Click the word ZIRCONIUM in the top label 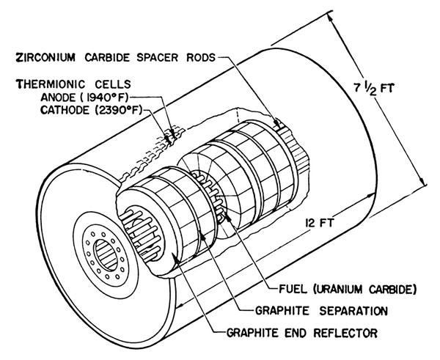click(45, 57)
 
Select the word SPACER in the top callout click(158, 57)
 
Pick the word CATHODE click(65, 110)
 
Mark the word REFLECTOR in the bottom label click(345, 333)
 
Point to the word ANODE click(58, 98)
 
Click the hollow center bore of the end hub click(105, 254)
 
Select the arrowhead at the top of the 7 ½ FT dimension click(330, 18)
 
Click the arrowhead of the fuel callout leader click(227, 216)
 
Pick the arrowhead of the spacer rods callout click(277, 123)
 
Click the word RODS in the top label click(201, 57)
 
